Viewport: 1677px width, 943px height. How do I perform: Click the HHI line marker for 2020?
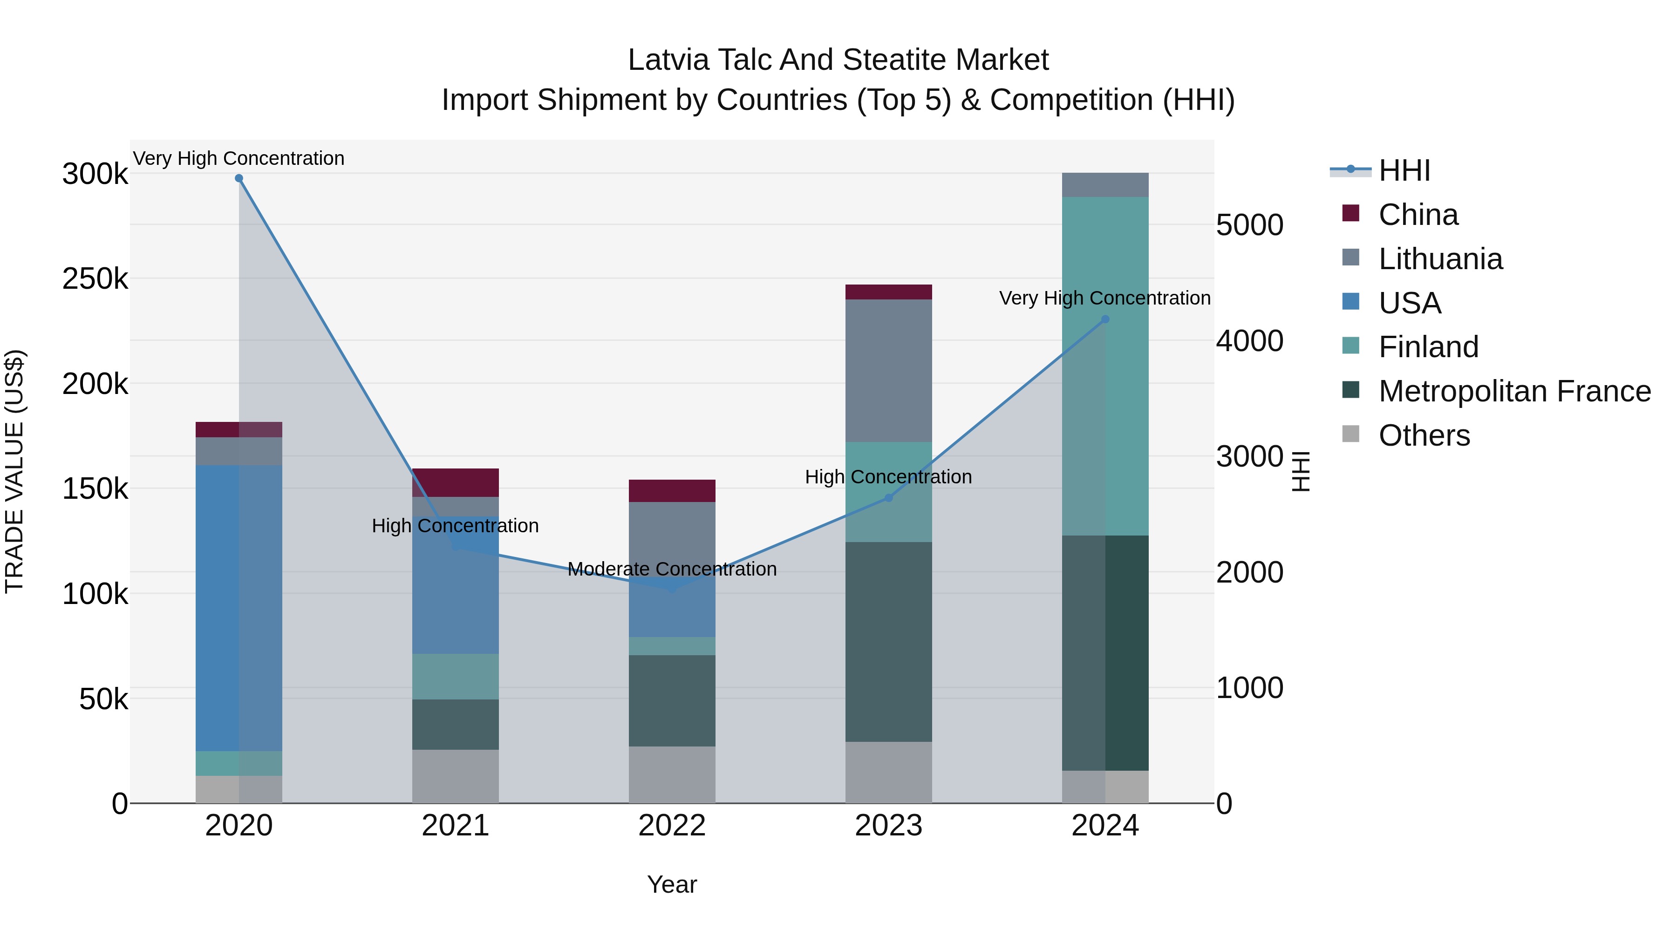click(239, 178)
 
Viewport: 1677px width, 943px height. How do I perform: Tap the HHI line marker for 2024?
click(1105, 319)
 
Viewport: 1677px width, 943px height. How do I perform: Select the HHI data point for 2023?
click(889, 498)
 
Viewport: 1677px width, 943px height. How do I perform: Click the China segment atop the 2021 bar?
click(455, 482)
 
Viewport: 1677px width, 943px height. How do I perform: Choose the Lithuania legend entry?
click(1440, 259)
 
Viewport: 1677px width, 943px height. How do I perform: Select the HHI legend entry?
click(1404, 170)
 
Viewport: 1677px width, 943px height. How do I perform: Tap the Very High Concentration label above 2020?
click(239, 158)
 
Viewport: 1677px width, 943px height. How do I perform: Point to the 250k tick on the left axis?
click(95, 279)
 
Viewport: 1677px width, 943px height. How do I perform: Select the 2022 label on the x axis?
click(672, 826)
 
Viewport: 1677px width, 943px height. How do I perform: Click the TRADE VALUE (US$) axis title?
click(14, 471)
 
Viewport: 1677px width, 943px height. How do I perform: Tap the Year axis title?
click(672, 884)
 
